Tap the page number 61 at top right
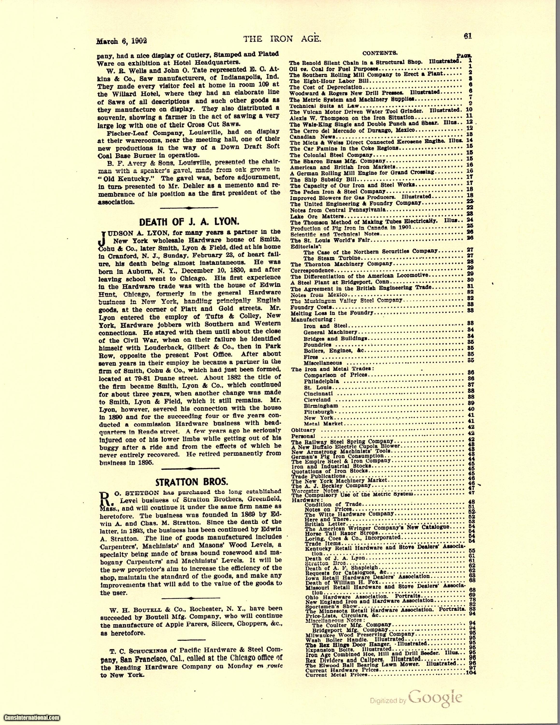coord(468,37)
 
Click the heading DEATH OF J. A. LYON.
coord(190,222)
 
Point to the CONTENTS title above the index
coord(376,53)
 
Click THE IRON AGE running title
coord(282,39)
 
